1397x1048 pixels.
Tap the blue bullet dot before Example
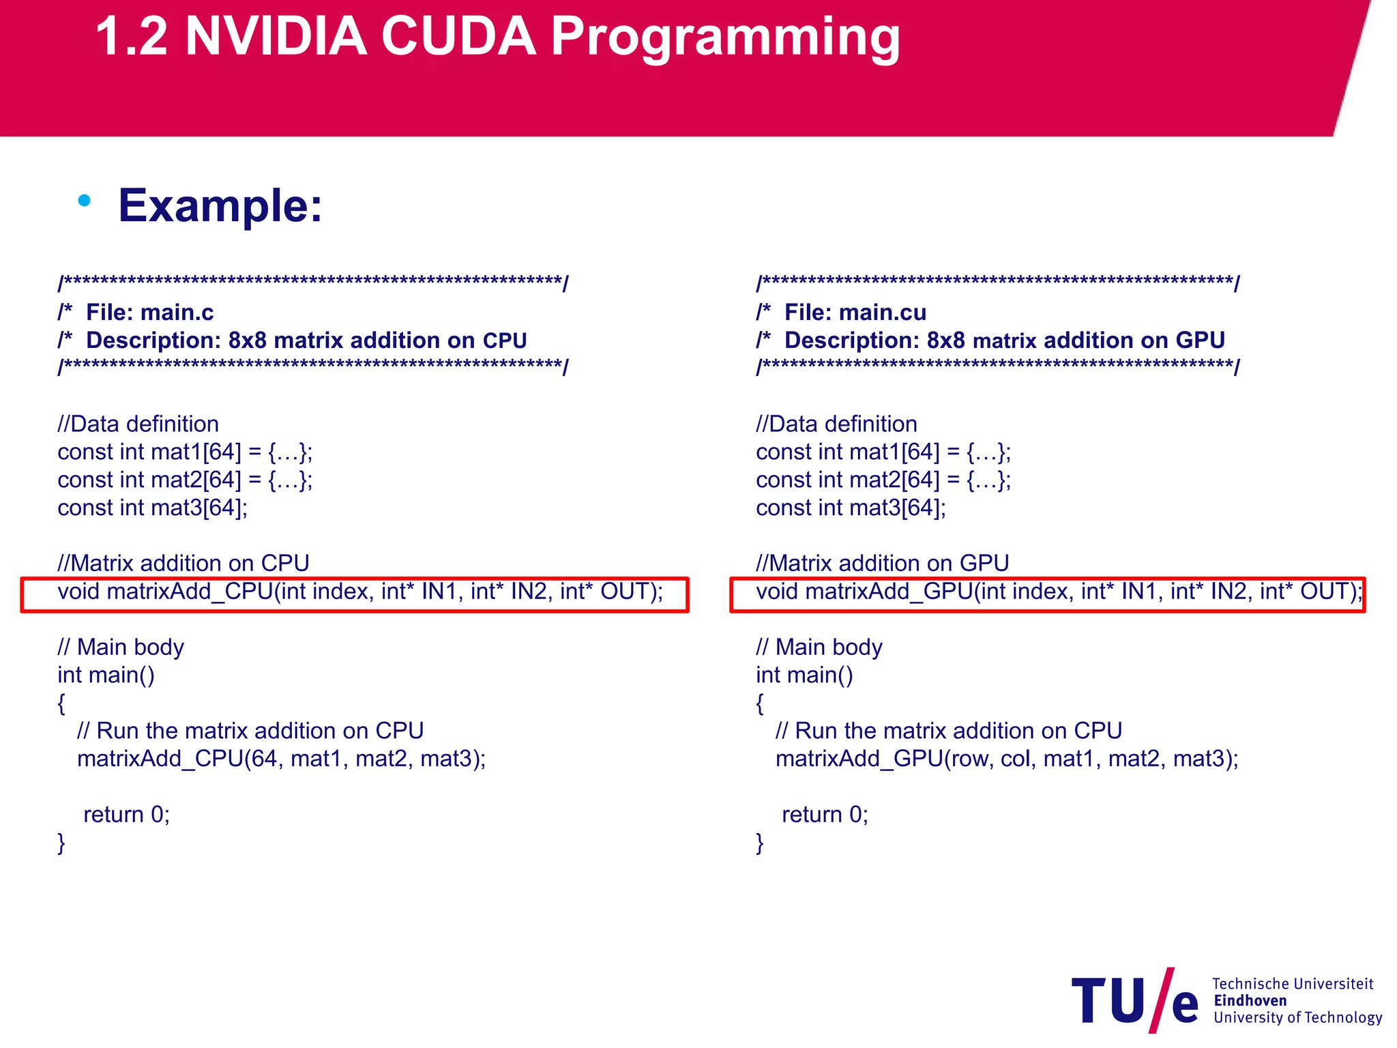[85, 201]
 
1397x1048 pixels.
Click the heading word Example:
[220, 205]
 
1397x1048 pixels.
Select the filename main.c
[177, 312]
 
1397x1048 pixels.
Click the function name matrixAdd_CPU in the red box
[190, 592]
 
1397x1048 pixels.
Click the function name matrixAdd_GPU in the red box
[889, 592]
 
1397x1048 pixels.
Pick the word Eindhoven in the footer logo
[1250, 1001]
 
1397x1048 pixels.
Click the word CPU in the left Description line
[505, 340]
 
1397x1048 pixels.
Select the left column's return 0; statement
[126, 815]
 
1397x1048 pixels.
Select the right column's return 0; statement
[825, 815]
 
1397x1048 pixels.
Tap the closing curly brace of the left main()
[61, 843]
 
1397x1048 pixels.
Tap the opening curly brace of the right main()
[760, 703]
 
